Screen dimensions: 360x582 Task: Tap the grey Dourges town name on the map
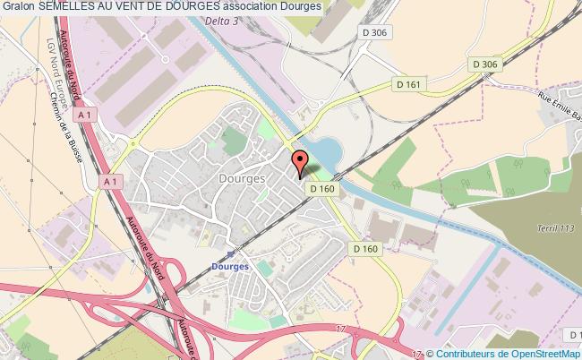[x=241, y=179]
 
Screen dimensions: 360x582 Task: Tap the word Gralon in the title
[x=18, y=8]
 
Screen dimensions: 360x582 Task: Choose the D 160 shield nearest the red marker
[x=322, y=188]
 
